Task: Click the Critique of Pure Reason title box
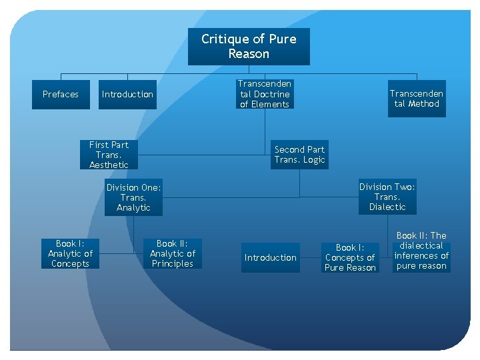[249, 47]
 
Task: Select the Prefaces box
[60, 95]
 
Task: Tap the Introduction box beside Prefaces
[127, 95]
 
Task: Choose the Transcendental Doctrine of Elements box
[265, 94]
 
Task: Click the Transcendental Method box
[417, 99]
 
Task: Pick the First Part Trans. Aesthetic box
[109, 155]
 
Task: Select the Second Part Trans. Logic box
[299, 155]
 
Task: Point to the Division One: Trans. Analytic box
[133, 198]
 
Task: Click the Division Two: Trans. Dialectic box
[387, 197]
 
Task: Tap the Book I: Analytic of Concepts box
[70, 254]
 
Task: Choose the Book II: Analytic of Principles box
[173, 254]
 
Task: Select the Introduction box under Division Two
[270, 258]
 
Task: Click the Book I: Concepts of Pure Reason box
[350, 257]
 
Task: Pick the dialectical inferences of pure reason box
[421, 251]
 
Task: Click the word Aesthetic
[109, 165]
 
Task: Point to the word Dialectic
[387, 207]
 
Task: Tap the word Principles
[173, 264]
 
